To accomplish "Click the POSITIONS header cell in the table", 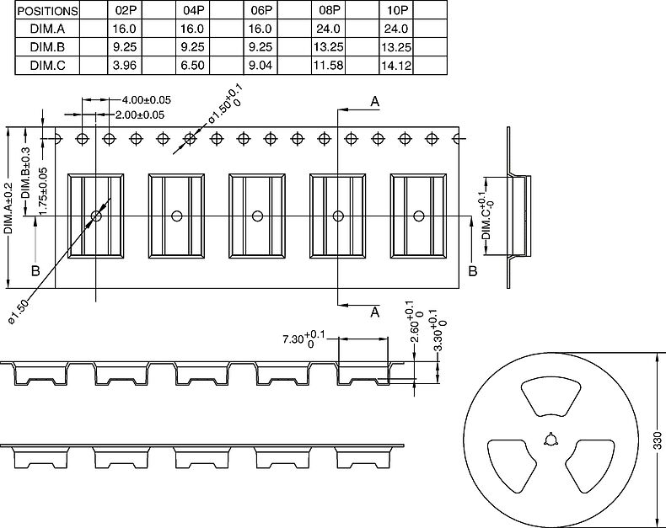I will coord(48,11).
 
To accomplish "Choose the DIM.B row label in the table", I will coord(48,47).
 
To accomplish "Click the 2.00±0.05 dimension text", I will coord(140,115).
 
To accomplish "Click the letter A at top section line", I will coord(374,102).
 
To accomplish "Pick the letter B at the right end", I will coord(472,270).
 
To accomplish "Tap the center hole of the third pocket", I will coord(257,216).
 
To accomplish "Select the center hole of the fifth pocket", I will coord(418,216).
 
